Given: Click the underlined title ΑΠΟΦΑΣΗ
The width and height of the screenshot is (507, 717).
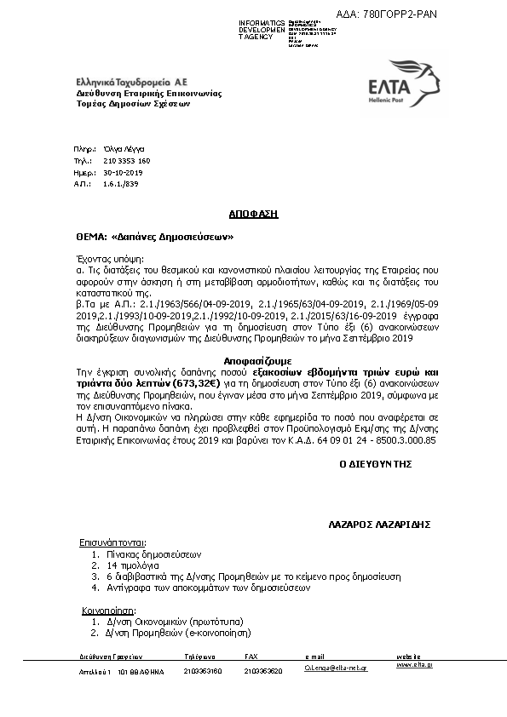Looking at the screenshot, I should coord(253,214).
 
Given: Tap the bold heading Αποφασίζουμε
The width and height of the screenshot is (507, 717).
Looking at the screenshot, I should coord(252,361).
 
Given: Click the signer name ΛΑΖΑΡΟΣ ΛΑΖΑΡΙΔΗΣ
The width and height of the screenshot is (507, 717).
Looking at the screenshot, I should coord(378,524).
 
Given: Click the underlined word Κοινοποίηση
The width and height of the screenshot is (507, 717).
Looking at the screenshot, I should coord(107,611).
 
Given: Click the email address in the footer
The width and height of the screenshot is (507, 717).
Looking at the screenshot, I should coord(336,670).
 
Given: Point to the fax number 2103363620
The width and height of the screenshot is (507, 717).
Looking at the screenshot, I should coord(263,671).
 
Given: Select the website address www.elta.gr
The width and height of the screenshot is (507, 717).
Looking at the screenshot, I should coord(414,664).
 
